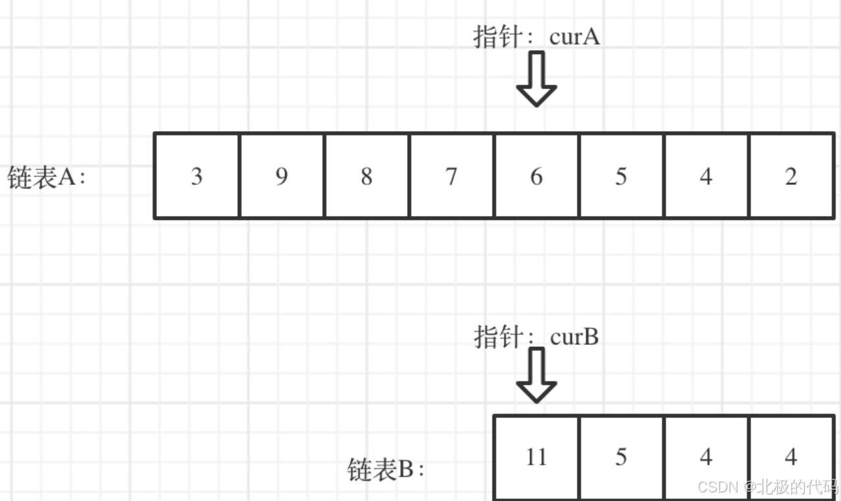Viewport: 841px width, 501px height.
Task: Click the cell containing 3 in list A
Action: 197,176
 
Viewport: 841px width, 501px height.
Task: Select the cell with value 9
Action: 282,176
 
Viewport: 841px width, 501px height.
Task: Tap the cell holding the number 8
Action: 367,176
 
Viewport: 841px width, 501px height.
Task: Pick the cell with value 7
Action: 451,176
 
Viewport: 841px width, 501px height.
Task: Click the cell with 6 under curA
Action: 536,176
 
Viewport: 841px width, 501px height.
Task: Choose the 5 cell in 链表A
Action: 621,176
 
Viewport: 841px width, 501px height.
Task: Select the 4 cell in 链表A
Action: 706,176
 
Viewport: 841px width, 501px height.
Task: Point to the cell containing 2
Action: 791,176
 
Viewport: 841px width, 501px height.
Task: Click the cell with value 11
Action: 536,457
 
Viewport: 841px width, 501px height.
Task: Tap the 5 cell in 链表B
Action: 621,457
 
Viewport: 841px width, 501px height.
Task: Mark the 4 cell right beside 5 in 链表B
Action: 706,457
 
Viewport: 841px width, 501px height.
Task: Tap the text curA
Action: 574,37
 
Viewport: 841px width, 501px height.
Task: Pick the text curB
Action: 574,337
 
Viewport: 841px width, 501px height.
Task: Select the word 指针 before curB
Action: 494,337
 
